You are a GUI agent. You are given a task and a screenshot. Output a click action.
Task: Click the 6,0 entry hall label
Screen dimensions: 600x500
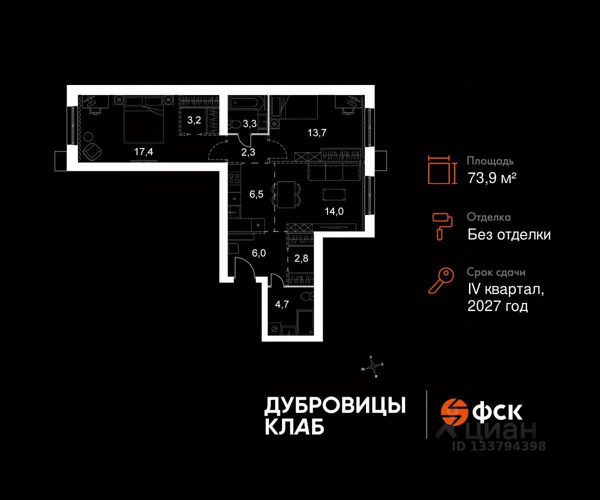(258, 253)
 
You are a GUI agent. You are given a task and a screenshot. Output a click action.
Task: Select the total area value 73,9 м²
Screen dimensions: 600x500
(491, 177)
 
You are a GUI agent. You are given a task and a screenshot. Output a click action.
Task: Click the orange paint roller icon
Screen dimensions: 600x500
(442, 224)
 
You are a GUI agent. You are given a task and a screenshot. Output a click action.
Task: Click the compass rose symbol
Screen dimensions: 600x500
(372, 367)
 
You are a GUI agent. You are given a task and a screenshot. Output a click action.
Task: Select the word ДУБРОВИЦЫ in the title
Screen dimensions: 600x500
(334, 405)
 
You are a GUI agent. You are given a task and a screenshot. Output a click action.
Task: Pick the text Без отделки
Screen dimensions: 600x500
(509, 234)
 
